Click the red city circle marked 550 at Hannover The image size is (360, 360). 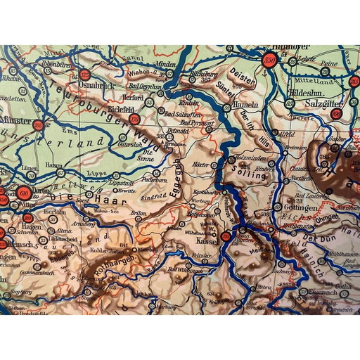pyautogui.click(x=269, y=60)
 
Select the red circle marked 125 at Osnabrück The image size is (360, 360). pyautogui.click(x=85, y=74)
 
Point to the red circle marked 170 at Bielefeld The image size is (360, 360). pyautogui.click(x=134, y=120)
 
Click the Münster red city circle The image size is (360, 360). pyautogui.click(x=38, y=125)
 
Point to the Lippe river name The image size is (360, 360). pyautogui.click(x=95, y=171)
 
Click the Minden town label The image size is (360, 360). pyautogui.click(x=165, y=63)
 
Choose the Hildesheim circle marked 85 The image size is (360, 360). pyautogui.click(x=289, y=103)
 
